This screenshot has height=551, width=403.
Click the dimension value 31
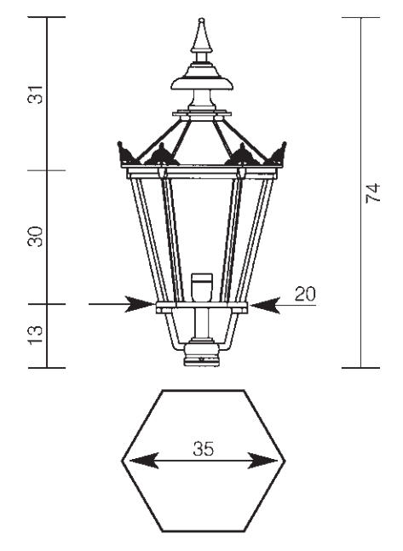pos(35,95)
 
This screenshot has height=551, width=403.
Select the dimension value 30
pos(35,237)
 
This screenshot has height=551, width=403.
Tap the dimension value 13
pos(35,336)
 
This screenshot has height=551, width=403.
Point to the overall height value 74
pos(373,192)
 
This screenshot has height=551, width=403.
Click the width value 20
pos(305,294)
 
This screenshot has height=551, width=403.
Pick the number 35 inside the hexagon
pos(204,449)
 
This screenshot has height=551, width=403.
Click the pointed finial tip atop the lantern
pos(201,19)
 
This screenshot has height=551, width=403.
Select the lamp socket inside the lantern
pos(202,287)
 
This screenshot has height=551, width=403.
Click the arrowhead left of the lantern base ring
pos(140,304)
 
